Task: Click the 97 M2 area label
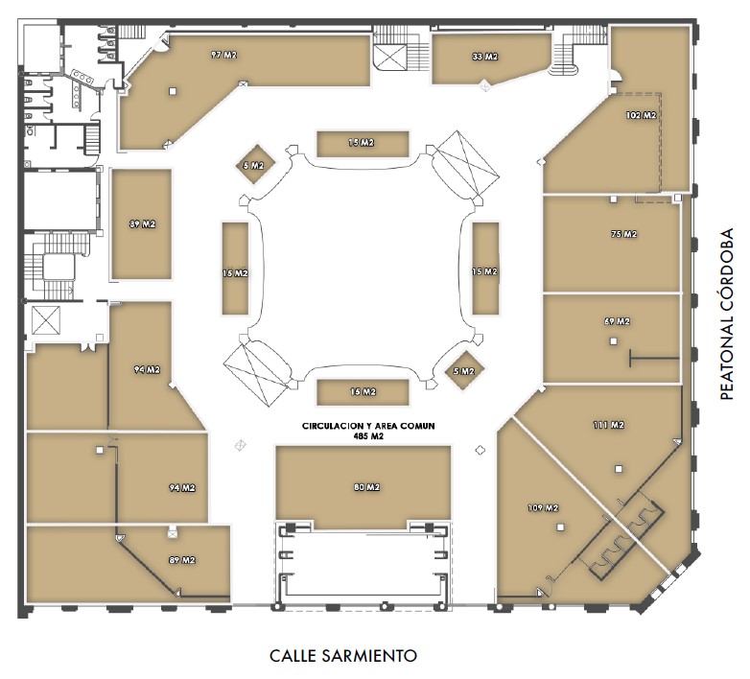[x=223, y=55]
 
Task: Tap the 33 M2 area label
[x=485, y=57]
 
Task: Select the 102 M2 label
[x=641, y=115]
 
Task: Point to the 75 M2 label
[x=623, y=234]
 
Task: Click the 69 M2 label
[x=617, y=321]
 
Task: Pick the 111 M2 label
[x=609, y=425]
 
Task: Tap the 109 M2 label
[x=543, y=508]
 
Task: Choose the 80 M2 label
[x=367, y=487]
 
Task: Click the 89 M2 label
[x=182, y=560]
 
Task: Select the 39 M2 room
[x=142, y=223]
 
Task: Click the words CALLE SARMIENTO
[x=343, y=656]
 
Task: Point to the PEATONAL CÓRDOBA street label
[x=727, y=315]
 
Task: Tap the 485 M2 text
[x=368, y=436]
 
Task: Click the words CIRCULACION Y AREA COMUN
[x=368, y=426]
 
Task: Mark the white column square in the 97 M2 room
[x=173, y=91]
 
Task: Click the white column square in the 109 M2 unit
[x=561, y=527]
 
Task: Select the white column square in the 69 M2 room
[x=613, y=341]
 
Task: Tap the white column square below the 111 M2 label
[x=619, y=469]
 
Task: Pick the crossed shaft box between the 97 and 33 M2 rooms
[x=390, y=57]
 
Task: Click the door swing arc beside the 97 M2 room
[x=163, y=44]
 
